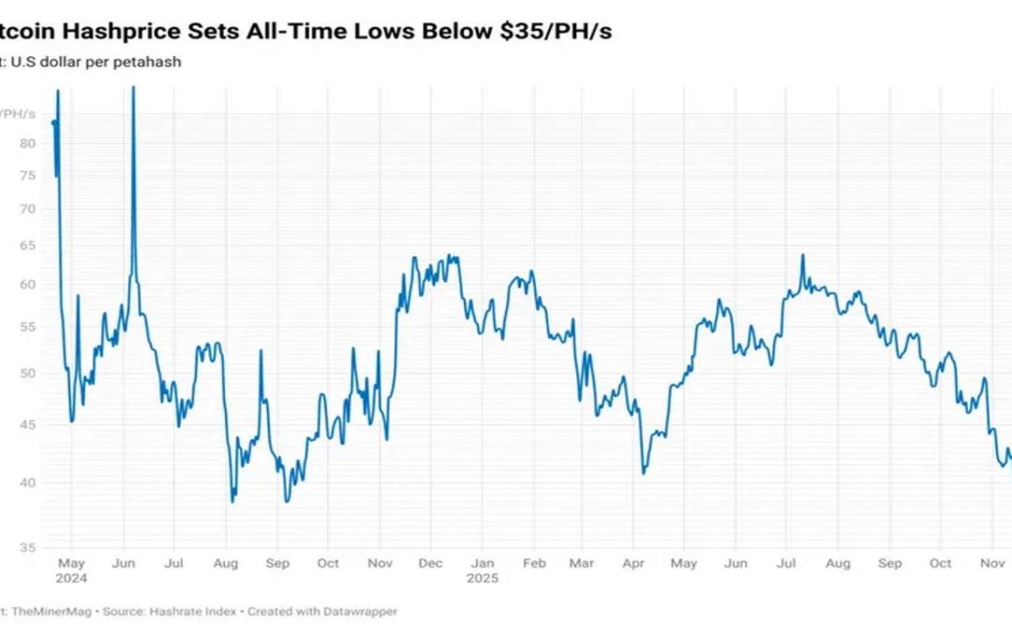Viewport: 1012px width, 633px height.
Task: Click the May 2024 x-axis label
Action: pos(71,563)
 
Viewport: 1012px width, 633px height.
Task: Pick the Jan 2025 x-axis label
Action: pos(482,563)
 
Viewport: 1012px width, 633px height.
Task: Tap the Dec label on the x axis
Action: pos(430,563)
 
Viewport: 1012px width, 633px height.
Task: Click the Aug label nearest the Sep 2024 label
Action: pos(226,563)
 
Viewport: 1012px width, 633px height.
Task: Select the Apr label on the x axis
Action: pos(633,563)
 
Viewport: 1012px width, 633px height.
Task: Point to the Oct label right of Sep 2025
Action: pos(941,563)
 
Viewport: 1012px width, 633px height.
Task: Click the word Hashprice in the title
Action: pos(116,32)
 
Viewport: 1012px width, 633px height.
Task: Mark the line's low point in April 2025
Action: pos(644,472)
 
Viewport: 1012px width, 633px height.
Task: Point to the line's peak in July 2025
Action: pos(803,255)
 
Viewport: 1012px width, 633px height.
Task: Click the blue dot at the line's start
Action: pos(53,122)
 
